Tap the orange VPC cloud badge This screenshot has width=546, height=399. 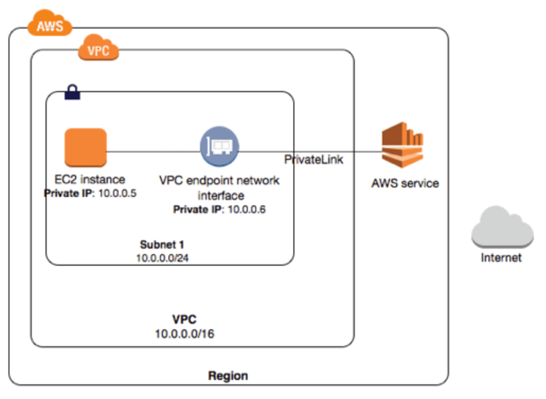[98, 51]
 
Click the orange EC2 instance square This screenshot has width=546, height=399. [85, 148]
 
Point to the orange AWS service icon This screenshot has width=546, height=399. [402, 147]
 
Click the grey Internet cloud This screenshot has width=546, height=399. [502, 227]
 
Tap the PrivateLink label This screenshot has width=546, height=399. [313, 159]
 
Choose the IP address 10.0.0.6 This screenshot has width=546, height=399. [247, 209]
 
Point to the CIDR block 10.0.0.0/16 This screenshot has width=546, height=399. [184, 334]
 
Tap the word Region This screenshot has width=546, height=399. [228, 376]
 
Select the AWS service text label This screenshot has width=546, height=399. [405, 184]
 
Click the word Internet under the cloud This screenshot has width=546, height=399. [501, 258]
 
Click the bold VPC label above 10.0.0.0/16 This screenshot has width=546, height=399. [184, 320]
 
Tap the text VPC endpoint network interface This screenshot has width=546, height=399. [219, 187]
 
